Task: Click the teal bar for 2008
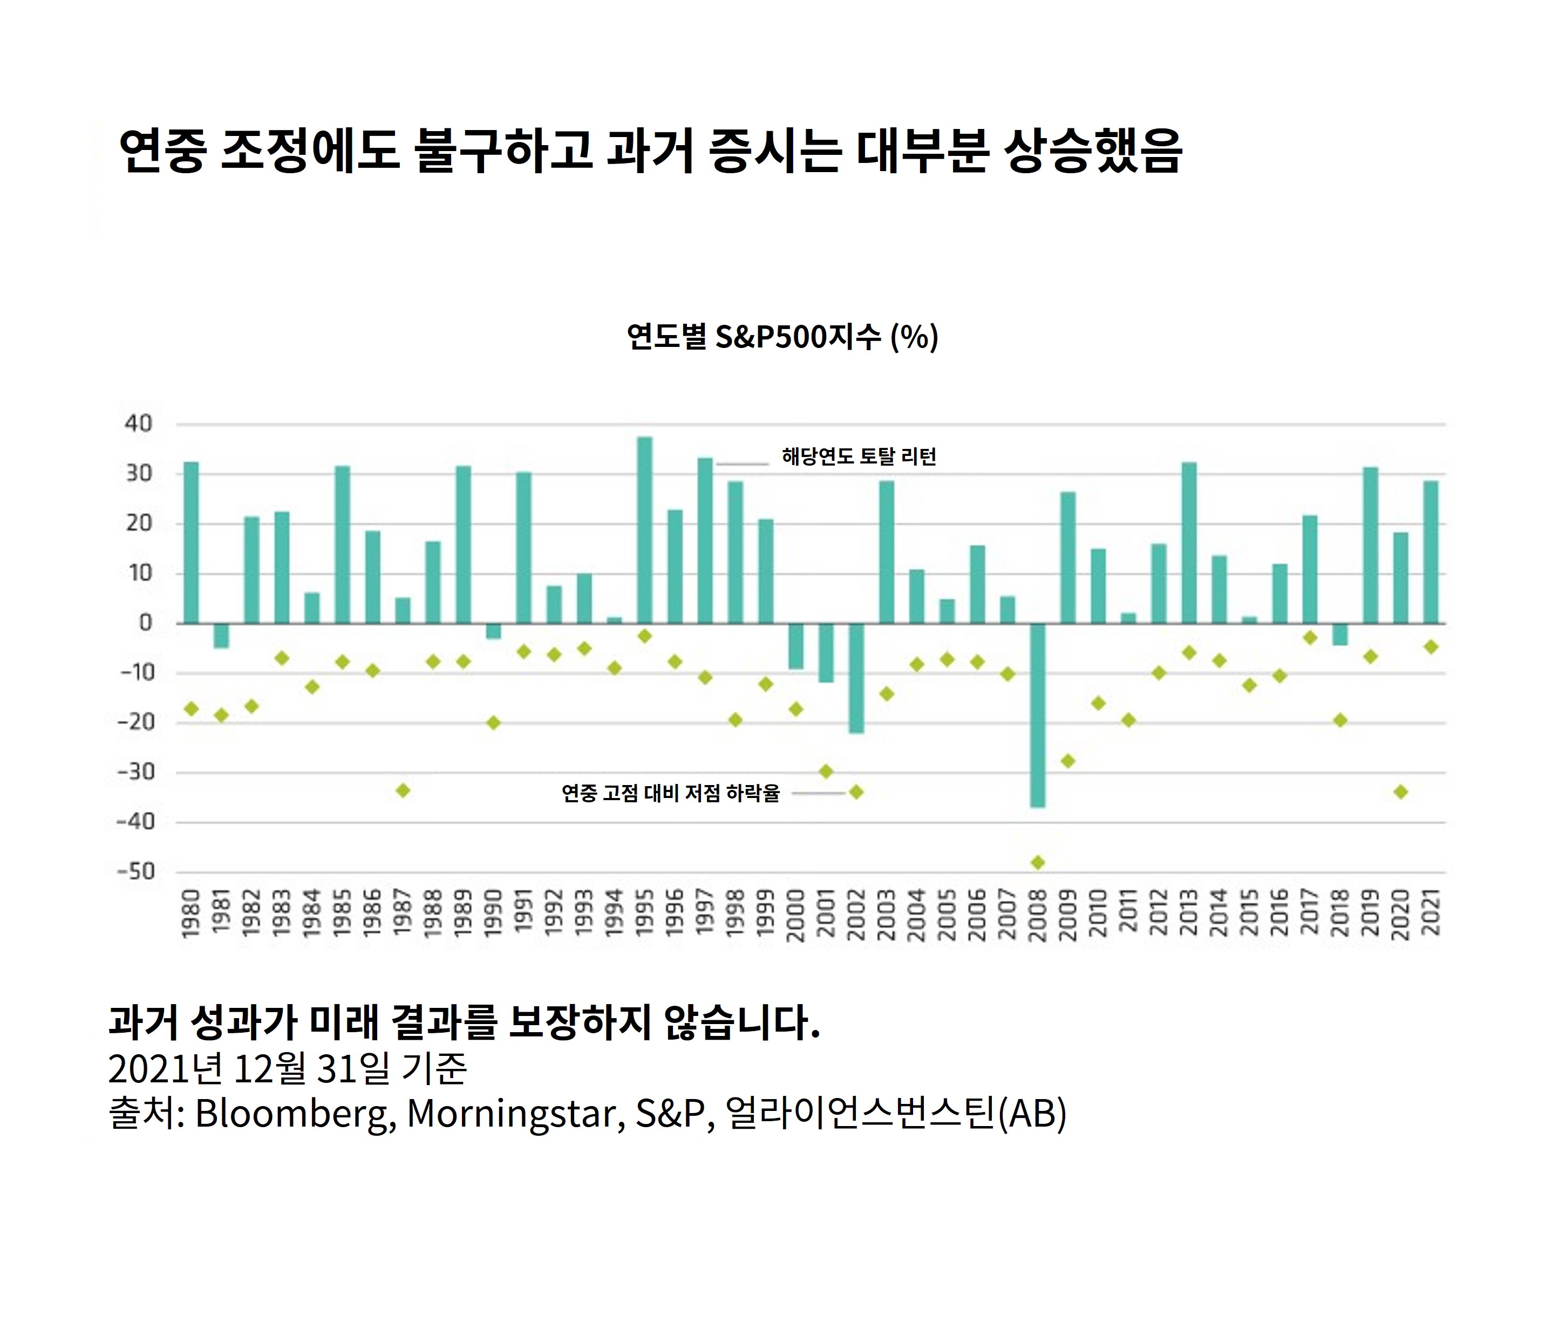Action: click(x=1038, y=715)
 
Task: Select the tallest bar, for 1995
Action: click(x=645, y=530)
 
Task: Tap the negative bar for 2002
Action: click(x=856, y=678)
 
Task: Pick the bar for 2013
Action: click(x=1189, y=543)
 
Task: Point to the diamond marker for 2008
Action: click(x=1038, y=862)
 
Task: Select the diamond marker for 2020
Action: click(x=1401, y=792)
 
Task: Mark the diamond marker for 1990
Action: click(x=493, y=722)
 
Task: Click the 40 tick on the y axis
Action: click(x=139, y=424)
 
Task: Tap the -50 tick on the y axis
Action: click(x=135, y=871)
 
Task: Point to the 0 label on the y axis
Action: click(x=146, y=623)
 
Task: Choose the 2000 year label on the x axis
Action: click(x=795, y=915)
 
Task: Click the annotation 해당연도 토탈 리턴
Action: click(x=859, y=456)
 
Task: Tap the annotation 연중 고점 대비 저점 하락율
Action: click(x=670, y=793)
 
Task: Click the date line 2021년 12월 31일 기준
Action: click(x=288, y=1068)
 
